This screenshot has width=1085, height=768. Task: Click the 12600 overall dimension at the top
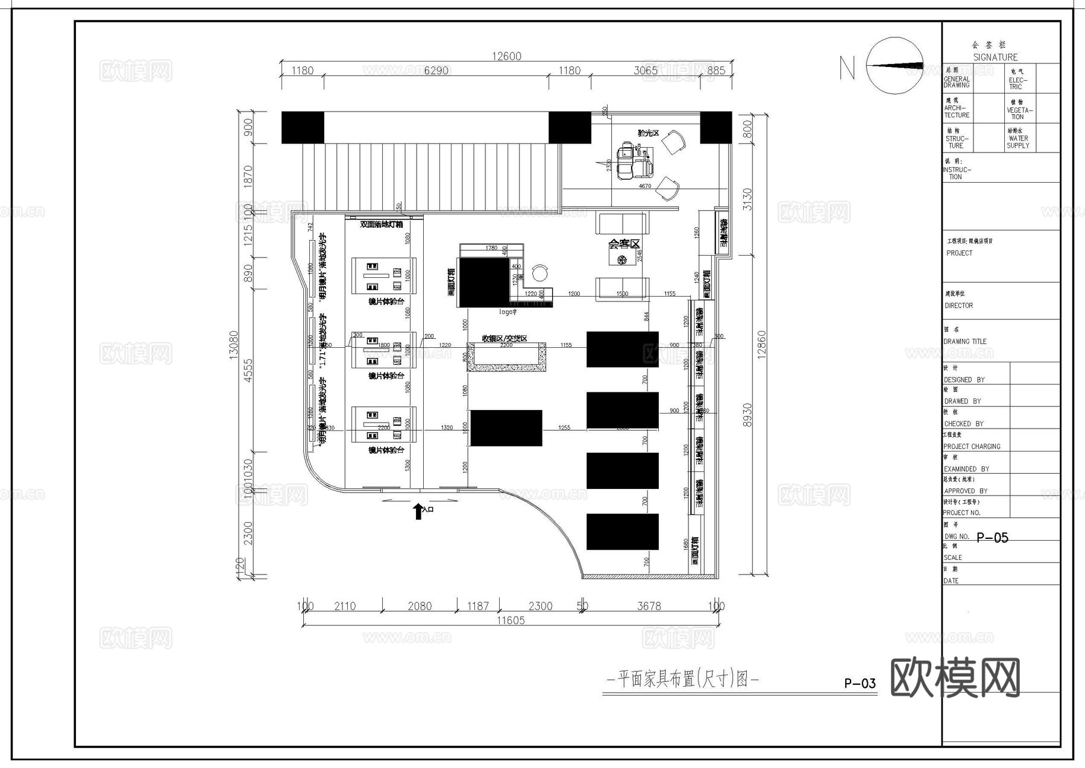point(506,56)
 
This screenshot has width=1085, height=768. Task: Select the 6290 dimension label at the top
point(436,71)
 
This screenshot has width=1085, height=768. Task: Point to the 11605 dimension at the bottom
point(511,620)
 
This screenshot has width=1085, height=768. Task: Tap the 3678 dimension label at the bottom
point(649,606)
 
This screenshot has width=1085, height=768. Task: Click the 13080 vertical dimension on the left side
point(234,344)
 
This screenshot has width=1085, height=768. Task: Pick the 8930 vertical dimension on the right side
point(748,415)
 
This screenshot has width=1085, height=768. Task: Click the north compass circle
point(895,66)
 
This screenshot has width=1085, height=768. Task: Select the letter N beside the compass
point(847,68)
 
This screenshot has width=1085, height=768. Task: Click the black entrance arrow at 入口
point(418,511)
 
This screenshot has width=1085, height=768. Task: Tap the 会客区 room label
point(624,244)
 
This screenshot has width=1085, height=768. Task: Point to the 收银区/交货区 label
point(505,338)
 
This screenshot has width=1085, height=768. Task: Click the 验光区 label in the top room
point(649,133)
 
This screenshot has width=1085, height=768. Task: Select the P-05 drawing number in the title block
point(992,538)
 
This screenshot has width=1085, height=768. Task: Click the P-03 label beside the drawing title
point(860,683)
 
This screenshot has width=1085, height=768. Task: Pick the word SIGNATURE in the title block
point(995,57)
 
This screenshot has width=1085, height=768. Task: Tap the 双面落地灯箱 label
point(381,224)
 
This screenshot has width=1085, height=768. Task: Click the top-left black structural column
point(303,127)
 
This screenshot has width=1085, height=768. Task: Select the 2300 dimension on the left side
point(248,533)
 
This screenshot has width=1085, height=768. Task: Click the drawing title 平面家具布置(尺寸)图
point(682,679)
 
